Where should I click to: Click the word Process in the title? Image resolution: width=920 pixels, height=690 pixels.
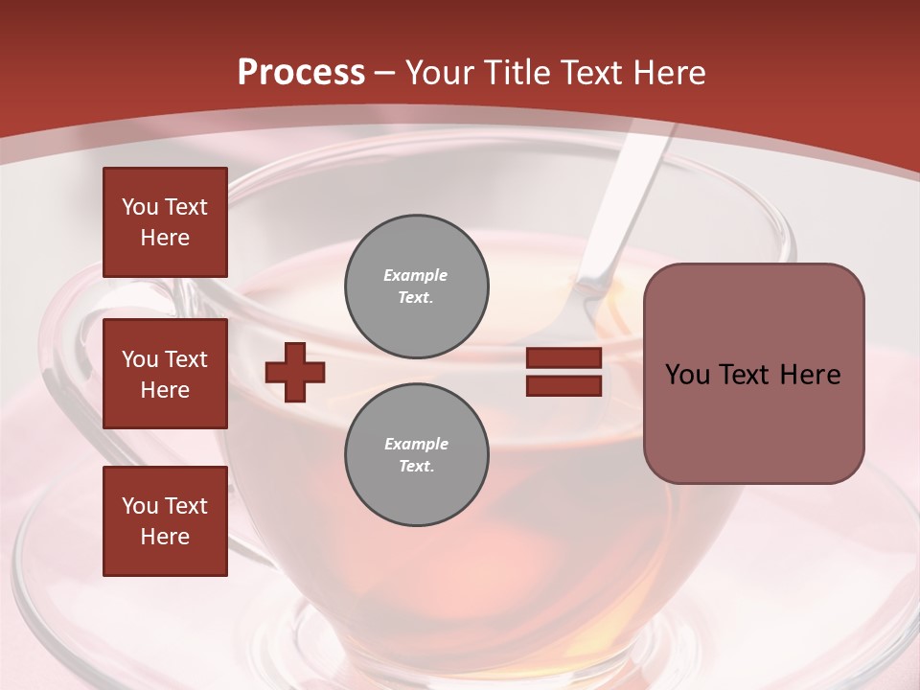pyautogui.click(x=301, y=73)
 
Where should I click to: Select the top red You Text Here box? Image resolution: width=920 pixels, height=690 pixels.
pyautogui.click(x=165, y=222)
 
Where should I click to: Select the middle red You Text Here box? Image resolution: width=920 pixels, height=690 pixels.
pyautogui.click(x=165, y=374)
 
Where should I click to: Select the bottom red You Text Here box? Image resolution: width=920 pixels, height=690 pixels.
pyautogui.click(x=165, y=521)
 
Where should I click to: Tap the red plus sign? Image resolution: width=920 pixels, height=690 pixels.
pyautogui.click(x=295, y=372)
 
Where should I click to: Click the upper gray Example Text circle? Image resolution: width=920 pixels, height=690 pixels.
pyautogui.click(x=417, y=287)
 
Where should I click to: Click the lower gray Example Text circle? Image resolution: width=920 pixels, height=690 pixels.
pyautogui.click(x=417, y=455)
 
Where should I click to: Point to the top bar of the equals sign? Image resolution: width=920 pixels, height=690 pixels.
pyautogui.click(x=563, y=357)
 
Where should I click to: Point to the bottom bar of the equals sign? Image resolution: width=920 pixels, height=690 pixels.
pyautogui.click(x=563, y=385)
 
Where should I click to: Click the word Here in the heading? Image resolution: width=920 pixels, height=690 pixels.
pyautogui.click(x=668, y=73)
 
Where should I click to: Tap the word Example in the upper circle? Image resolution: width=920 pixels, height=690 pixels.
pyautogui.click(x=416, y=275)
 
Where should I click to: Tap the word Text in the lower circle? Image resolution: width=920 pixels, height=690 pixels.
pyautogui.click(x=415, y=466)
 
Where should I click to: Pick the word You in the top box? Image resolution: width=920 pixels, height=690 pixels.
pyautogui.click(x=140, y=207)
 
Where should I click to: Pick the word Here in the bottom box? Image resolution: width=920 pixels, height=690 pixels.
pyautogui.click(x=165, y=537)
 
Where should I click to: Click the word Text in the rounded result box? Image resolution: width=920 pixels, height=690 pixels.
pyautogui.click(x=746, y=375)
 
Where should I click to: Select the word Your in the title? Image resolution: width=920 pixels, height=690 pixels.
pyautogui.click(x=441, y=73)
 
